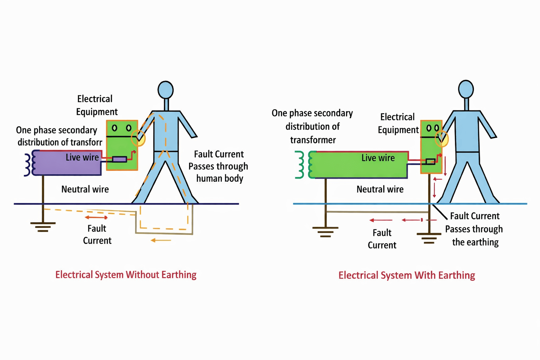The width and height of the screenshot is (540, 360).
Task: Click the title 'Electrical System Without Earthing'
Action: click(x=126, y=275)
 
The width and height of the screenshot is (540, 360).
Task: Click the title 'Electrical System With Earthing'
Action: click(x=406, y=275)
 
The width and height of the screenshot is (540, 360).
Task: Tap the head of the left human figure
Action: click(x=166, y=90)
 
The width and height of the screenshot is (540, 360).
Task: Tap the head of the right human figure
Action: click(x=466, y=89)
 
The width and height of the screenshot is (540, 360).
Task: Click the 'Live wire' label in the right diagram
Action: click(x=378, y=158)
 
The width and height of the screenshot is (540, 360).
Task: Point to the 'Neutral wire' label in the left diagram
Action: click(x=85, y=189)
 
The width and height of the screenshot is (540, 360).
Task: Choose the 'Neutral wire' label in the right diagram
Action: click(x=380, y=189)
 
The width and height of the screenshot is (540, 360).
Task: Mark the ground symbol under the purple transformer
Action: click(x=43, y=227)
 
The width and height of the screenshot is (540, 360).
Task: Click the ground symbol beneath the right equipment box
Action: click(x=429, y=238)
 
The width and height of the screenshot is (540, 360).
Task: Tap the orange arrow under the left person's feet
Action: click(x=161, y=240)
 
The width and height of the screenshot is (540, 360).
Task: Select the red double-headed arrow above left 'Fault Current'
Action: click(x=96, y=218)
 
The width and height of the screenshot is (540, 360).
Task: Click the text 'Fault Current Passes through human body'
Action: click(x=218, y=166)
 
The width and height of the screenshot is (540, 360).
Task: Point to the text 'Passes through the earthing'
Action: click(x=474, y=236)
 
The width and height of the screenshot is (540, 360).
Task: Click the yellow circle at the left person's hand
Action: click(x=138, y=138)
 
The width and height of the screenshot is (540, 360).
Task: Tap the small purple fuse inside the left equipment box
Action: click(x=120, y=159)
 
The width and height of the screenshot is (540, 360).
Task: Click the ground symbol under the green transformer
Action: click(x=326, y=231)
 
